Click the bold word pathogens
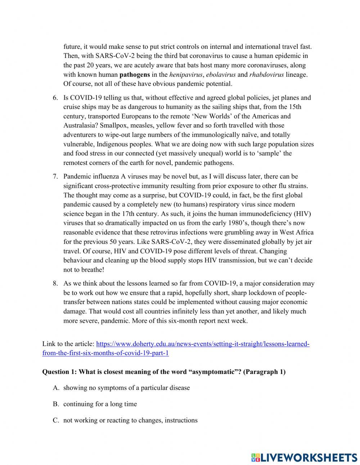(134, 75)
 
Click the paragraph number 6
(55, 98)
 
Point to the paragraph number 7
(55, 176)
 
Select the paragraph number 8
(55, 283)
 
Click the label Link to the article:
(68, 344)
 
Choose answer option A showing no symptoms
(126, 388)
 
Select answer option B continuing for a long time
(100, 404)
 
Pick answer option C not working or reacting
(130, 420)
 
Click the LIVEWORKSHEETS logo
(304, 457)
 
